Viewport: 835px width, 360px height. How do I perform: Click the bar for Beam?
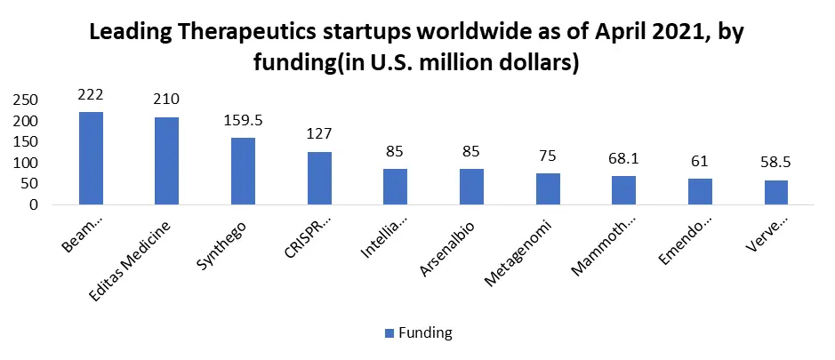click(x=91, y=158)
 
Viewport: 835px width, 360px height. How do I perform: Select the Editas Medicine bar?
click(x=167, y=161)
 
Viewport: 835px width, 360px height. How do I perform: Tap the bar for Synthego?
click(x=243, y=172)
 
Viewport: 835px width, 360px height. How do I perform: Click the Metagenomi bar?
click(x=547, y=188)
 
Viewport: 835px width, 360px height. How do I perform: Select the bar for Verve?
click(x=775, y=192)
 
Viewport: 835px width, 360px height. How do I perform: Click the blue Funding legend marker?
click(x=389, y=333)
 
